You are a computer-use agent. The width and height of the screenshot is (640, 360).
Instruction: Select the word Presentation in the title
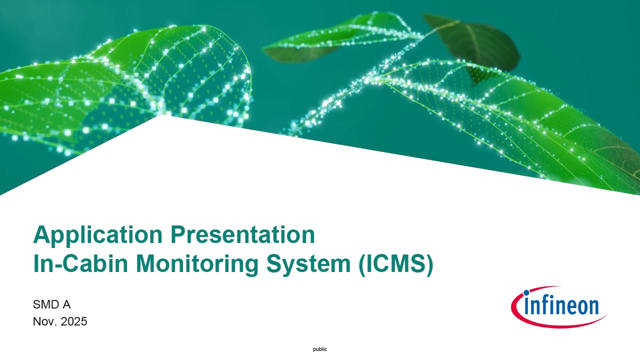pyautogui.click(x=242, y=234)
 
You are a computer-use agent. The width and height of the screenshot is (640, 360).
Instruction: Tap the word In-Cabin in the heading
pyautogui.click(x=80, y=263)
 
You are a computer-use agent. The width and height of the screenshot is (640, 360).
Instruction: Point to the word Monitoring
pyautogui.click(x=197, y=264)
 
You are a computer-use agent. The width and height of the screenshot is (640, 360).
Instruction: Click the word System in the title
pyautogui.click(x=308, y=264)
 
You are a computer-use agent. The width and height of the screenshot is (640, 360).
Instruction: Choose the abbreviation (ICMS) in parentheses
pyautogui.click(x=396, y=264)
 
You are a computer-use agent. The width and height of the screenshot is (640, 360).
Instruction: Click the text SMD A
pyautogui.click(x=51, y=304)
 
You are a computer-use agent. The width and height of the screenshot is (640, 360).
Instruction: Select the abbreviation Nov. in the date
pyautogui.click(x=45, y=321)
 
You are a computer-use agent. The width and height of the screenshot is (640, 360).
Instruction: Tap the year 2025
pyautogui.click(x=73, y=321)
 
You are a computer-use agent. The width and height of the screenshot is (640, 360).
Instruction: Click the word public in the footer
pyautogui.click(x=320, y=349)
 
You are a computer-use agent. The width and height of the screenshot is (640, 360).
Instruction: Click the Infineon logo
pyautogui.click(x=559, y=307)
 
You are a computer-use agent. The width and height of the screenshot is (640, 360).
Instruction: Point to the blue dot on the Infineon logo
pyautogui.click(x=526, y=293)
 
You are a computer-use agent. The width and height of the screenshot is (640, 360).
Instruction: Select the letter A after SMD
pyautogui.click(x=66, y=304)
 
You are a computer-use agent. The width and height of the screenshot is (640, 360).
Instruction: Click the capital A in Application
pyautogui.click(x=42, y=234)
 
